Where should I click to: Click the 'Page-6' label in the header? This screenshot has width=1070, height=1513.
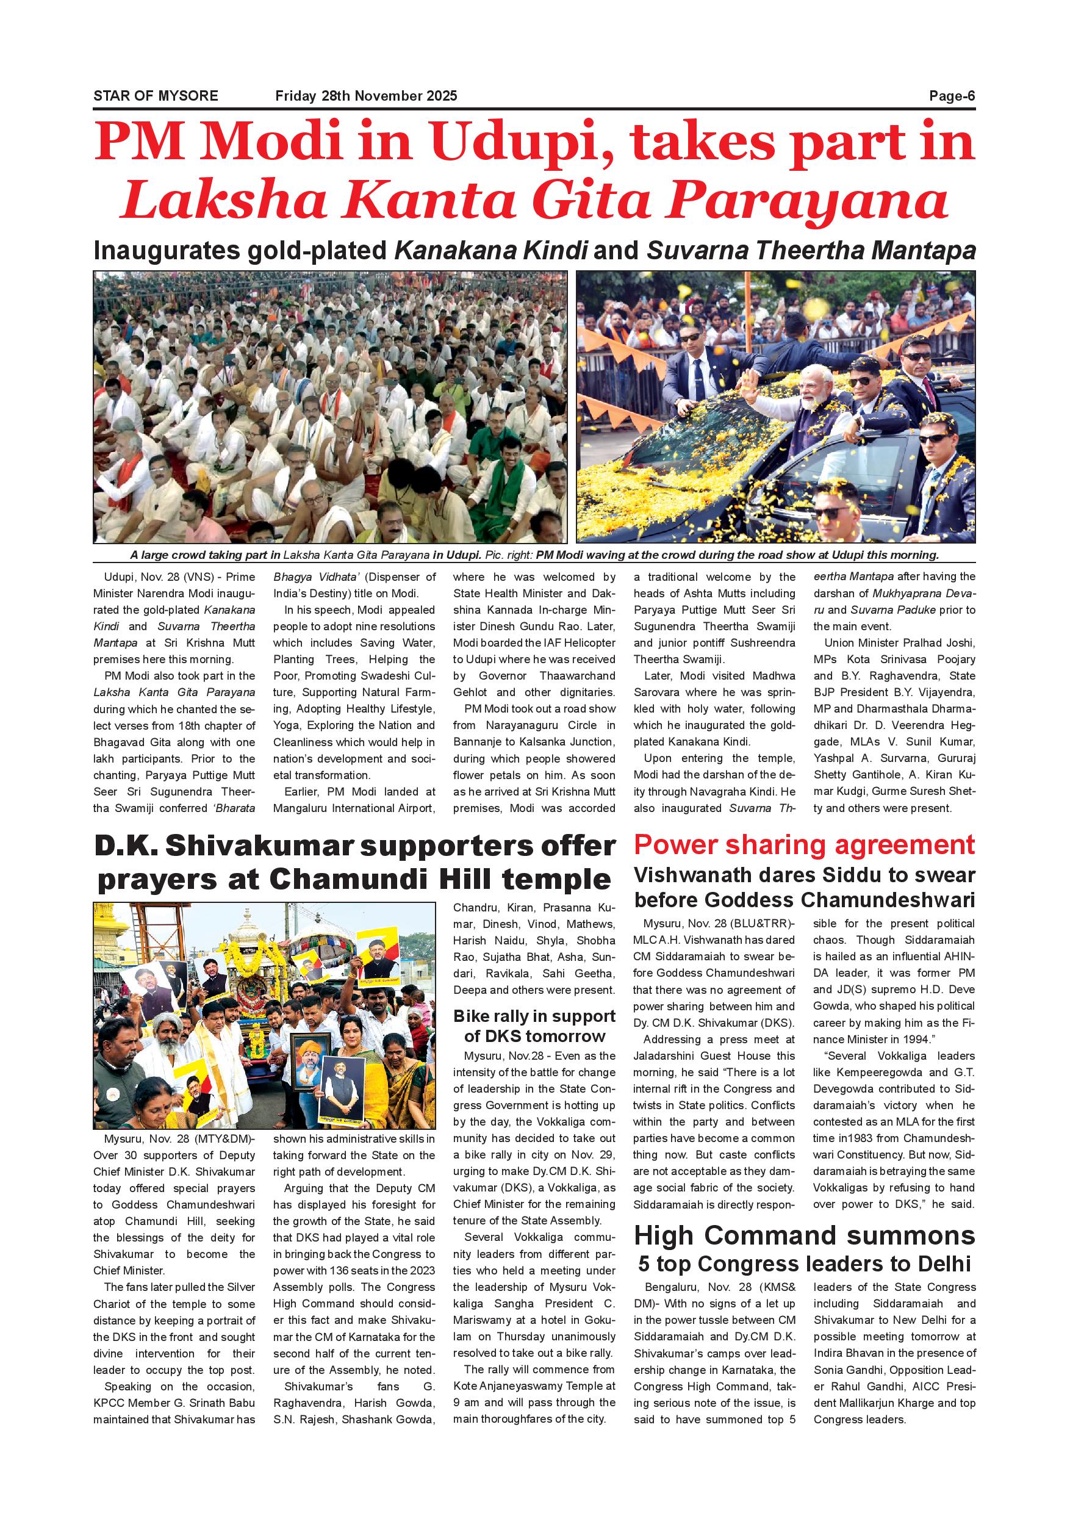coord(952,96)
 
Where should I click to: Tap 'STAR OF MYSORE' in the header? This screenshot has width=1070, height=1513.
coord(156,96)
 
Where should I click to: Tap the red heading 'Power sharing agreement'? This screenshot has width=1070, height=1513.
coord(804,846)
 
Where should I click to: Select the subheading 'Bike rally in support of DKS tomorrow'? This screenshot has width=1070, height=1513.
coord(534,1026)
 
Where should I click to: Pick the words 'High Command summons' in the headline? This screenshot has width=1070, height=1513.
coord(804,1235)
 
